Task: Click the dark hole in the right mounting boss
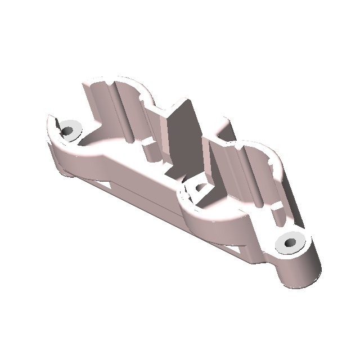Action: pyautogui.click(x=290, y=243)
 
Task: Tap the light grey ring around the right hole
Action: pyautogui.click(x=283, y=238)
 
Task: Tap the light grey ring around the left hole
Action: pyautogui.click(x=74, y=125)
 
